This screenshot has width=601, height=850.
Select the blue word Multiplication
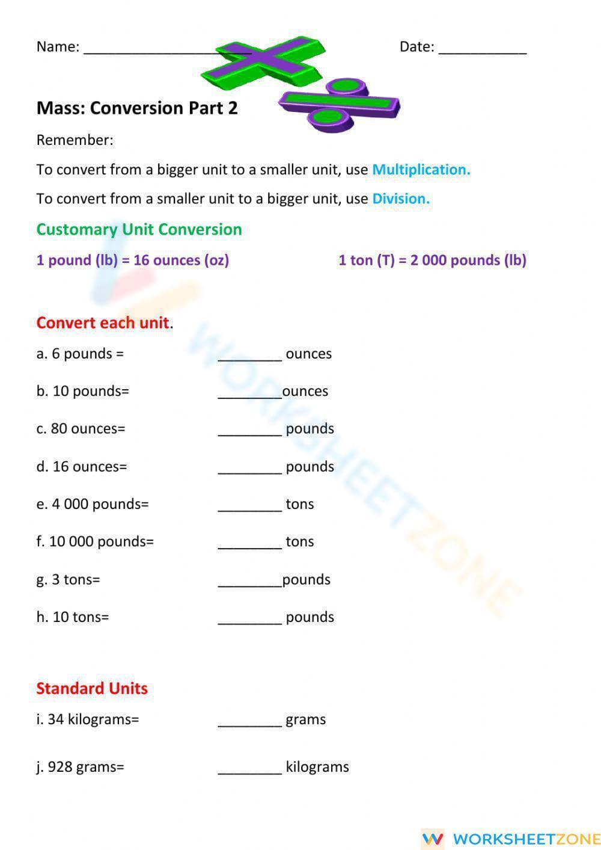click(x=421, y=170)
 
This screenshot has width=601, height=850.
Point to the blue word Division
click(x=401, y=199)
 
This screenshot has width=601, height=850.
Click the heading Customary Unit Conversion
click(x=139, y=229)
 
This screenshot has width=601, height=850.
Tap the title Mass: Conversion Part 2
click(x=137, y=108)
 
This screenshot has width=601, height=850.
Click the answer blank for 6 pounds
click(x=249, y=355)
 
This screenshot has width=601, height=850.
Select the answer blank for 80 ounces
click(x=249, y=430)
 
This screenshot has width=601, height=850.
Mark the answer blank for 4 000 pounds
click(x=249, y=505)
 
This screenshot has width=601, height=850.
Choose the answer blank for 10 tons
click(x=249, y=618)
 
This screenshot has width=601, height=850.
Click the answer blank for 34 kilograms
click(x=249, y=721)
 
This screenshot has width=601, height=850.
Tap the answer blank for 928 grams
click(x=249, y=768)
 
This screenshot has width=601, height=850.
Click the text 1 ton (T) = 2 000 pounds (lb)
click(x=432, y=260)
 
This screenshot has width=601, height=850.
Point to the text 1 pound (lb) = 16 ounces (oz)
click(x=133, y=260)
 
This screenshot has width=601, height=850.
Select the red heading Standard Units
click(x=92, y=688)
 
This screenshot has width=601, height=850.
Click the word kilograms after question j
click(x=317, y=767)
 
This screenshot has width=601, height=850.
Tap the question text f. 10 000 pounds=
click(x=95, y=541)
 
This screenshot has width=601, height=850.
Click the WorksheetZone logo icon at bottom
click(x=433, y=838)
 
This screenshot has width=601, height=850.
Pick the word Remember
click(x=75, y=140)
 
